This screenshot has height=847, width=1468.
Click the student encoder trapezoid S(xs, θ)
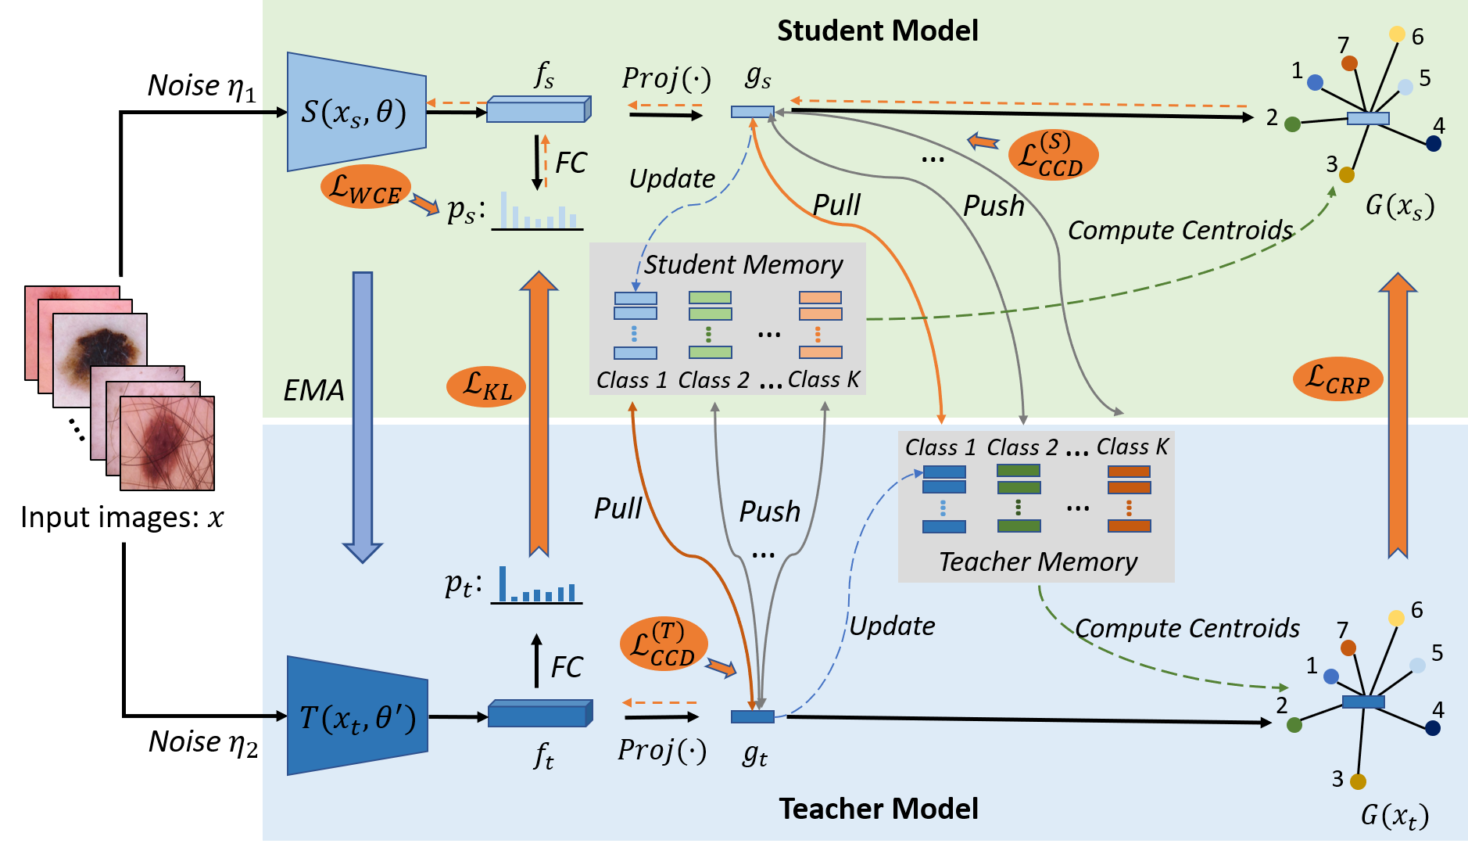click(x=356, y=112)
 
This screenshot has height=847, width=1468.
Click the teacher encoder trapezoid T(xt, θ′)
click(x=357, y=716)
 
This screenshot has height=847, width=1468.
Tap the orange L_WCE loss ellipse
click(x=366, y=188)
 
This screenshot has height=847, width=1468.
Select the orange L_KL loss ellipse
click(x=485, y=386)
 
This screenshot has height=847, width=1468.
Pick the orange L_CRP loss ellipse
click(x=1337, y=379)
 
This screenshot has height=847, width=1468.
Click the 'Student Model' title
click(x=877, y=31)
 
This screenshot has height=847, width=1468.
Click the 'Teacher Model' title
click(x=879, y=809)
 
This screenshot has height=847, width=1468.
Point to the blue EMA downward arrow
click(x=363, y=417)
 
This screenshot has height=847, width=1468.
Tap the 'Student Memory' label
click(x=743, y=264)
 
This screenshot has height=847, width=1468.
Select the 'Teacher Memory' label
click(x=1038, y=562)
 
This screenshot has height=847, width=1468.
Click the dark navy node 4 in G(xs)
click(x=1434, y=143)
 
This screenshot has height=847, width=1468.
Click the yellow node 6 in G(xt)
click(x=1396, y=619)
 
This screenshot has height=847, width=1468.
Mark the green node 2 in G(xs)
click(x=1292, y=124)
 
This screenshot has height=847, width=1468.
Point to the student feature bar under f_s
click(x=539, y=109)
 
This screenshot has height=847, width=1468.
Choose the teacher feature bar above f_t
click(x=540, y=713)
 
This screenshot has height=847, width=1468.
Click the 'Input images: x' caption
click(x=122, y=518)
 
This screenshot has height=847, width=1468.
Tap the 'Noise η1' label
click(x=202, y=86)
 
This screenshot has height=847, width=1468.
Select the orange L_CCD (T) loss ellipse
click(x=664, y=644)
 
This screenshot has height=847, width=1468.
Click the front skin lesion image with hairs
click(x=167, y=443)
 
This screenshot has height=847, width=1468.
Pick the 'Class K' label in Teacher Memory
click(x=1132, y=447)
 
